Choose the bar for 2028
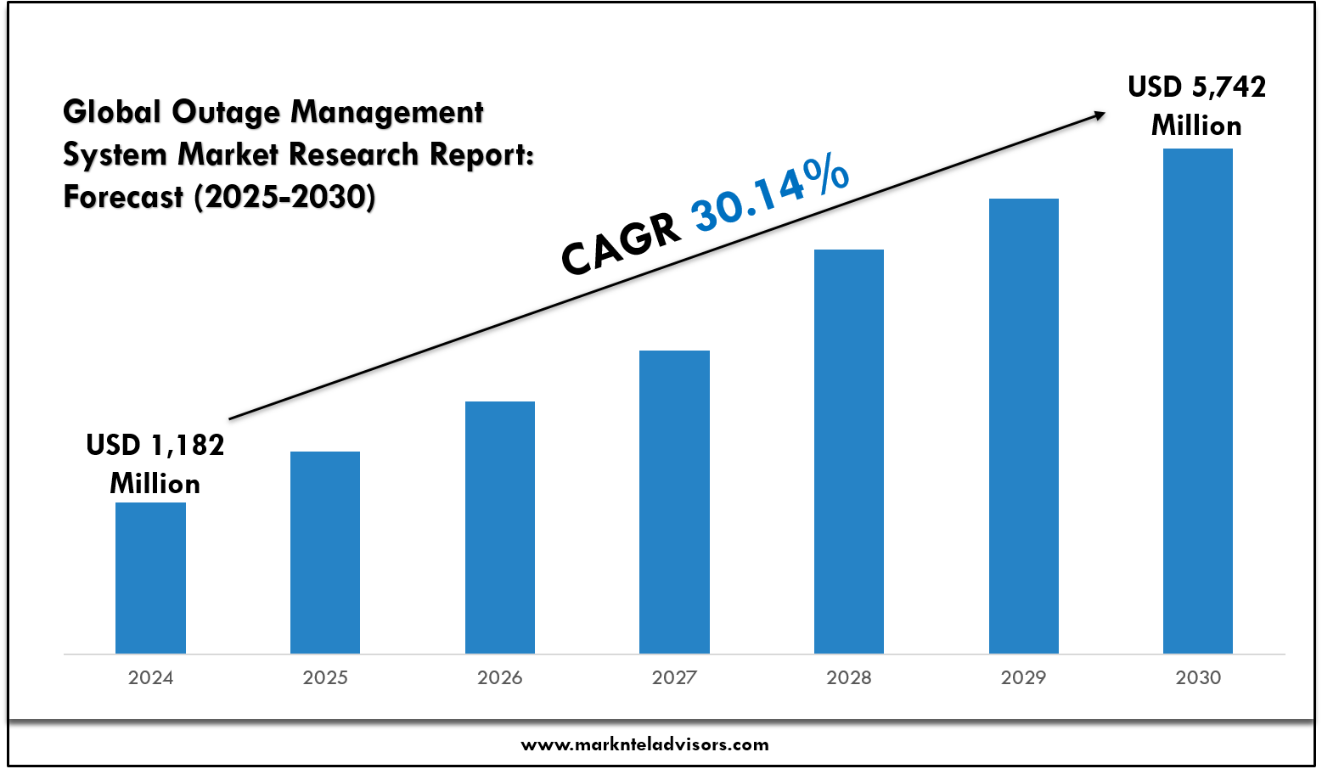[x=849, y=451]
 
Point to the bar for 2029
[x=1024, y=425]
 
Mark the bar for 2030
[x=1198, y=401]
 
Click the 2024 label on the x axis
[x=150, y=677]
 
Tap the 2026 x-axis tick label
[x=500, y=677]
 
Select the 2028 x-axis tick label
[x=849, y=677]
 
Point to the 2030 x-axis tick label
[x=1198, y=677]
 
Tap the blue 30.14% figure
[x=770, y=194]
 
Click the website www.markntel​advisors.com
[x=644, y=744]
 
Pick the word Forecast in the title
[x=123, y=197]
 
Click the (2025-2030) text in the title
[x=284, y=197]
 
